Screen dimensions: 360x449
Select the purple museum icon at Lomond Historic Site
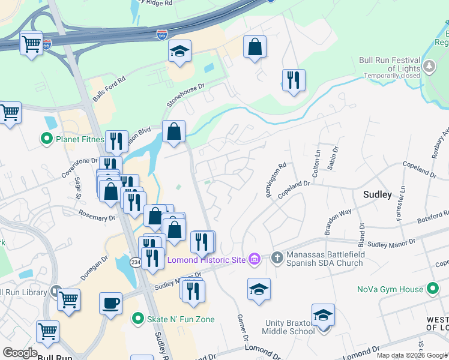(255, 259)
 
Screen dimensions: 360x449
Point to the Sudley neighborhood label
(378, 194)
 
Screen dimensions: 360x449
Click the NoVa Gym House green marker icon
(432, 289)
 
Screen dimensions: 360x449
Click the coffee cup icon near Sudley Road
(110, 303)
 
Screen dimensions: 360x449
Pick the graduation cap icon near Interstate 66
(179, 52)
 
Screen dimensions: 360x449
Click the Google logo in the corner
(20, 353)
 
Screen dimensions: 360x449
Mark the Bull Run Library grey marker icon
(56, 292)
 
